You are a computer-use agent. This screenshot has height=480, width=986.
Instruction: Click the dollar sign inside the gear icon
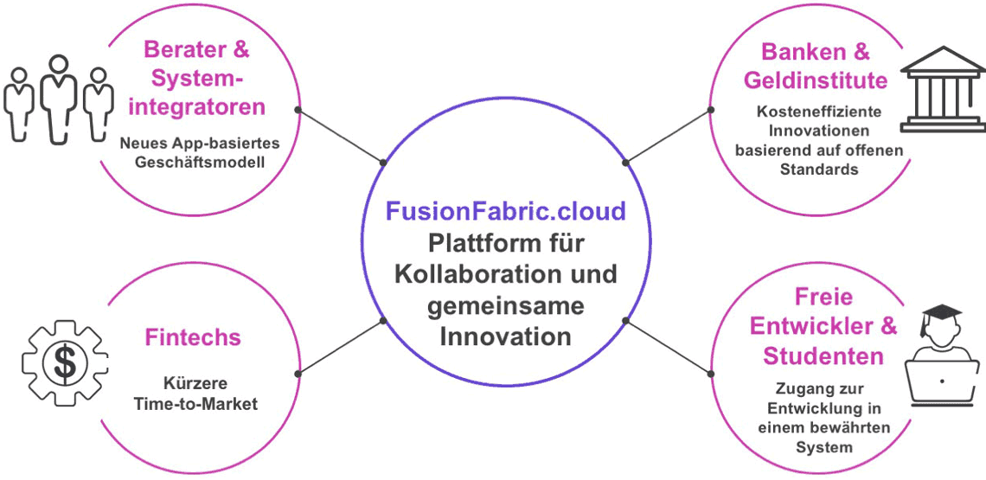(65, 365)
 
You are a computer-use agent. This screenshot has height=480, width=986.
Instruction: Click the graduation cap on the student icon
(941, 314)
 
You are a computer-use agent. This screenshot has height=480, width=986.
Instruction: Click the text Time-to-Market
(196, 403)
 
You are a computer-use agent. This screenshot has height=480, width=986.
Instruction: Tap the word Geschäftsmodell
(192, 163)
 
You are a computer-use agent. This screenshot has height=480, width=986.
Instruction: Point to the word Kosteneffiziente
(807, 112)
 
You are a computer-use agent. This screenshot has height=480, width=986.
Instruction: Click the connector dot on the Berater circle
(298, 110)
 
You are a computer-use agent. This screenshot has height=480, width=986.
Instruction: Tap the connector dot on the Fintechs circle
(298, 374)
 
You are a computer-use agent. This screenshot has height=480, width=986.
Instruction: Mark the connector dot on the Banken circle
(711, 110)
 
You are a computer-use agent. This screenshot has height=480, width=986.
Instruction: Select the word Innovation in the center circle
(506, 336)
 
